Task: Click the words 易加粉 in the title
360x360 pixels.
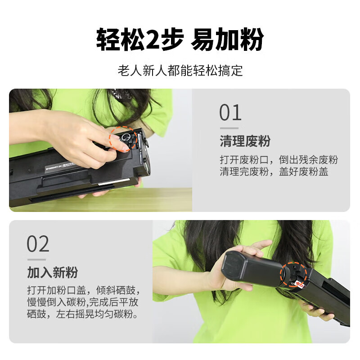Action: point(227,40)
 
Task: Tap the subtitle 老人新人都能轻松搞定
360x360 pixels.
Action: point(180,71)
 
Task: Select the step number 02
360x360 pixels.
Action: point(38,244)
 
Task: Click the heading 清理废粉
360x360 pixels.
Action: point(245,141)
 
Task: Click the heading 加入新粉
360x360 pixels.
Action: point(52,272)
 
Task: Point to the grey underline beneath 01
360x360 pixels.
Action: point(229,128)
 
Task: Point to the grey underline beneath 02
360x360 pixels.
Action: point(36,259)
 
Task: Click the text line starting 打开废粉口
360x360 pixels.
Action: point(279,160)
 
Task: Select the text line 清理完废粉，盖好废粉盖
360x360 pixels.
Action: point(274,172)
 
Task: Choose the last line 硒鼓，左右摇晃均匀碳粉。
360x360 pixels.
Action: point(83,314)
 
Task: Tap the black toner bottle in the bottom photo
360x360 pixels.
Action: point(252,270)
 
